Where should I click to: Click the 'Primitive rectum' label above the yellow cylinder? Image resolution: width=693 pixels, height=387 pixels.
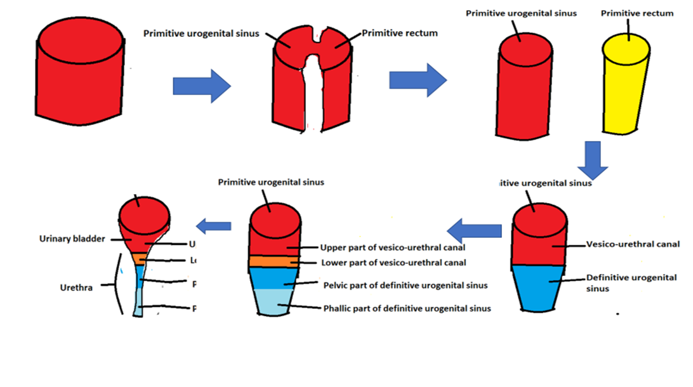tap(637, 13)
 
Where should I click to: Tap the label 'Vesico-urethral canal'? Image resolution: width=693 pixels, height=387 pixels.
tap(633, 244)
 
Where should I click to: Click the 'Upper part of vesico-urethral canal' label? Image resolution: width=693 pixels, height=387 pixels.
tap(393, 247)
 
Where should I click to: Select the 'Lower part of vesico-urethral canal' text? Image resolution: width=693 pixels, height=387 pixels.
tap(393, 262)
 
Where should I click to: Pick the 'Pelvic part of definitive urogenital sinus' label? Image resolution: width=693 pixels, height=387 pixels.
tap(405, 285)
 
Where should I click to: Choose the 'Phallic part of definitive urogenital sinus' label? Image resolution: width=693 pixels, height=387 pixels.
tap(407, 308)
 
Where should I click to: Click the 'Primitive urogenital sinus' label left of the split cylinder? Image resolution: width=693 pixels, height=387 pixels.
tap(201, 33)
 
